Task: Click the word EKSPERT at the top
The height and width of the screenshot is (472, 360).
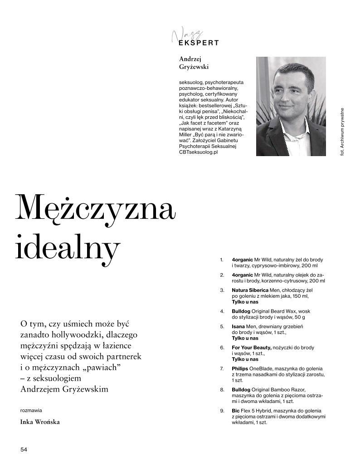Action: pyautogui.click(x=199, y=43)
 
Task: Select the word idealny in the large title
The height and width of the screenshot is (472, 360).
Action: pyautogui.click(x=68, y=247)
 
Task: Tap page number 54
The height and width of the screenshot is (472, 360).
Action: pyautogui.click(x=24, y=449)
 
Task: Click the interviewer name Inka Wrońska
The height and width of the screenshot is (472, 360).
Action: pyautogui.click(x=40, y=422)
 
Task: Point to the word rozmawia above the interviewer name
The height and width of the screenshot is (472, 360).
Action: pyautogui.click(x=31, y=409)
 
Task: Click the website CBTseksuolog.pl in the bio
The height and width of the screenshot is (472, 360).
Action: pyautogui.click(x=199, y=152)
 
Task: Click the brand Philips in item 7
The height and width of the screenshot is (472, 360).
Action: pyautogui.click(x=240, y=369)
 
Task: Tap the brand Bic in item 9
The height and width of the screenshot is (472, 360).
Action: pyautogui.click(x=235, y=411)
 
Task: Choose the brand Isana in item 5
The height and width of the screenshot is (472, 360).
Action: pyautogui.click(x=238, y=326)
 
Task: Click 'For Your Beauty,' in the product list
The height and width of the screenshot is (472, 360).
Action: pyautogui.click(x=251, y=348)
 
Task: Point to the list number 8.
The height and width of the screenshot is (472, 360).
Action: pyautogui.click(x=222, y=390)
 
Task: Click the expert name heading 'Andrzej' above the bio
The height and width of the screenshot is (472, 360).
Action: pyautogui.click(x=190, y=59)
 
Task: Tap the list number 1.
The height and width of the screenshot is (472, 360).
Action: pyautogui.click(x=222, y=260)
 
